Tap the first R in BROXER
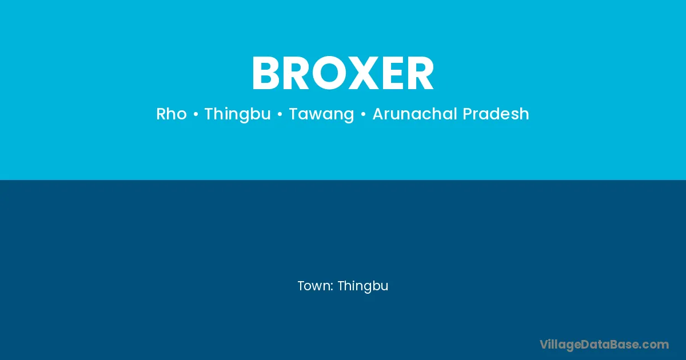[x=297, y=73]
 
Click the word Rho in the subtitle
[x=171, y=114]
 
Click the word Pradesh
[x=496, y=114]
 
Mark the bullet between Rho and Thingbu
[x=196, y=114]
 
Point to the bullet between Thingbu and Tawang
[x=280, y=114]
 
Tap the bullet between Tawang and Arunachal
[x=363, y=114]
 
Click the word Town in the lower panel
[x=314, y=286]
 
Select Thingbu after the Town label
[x=363, y=286]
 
